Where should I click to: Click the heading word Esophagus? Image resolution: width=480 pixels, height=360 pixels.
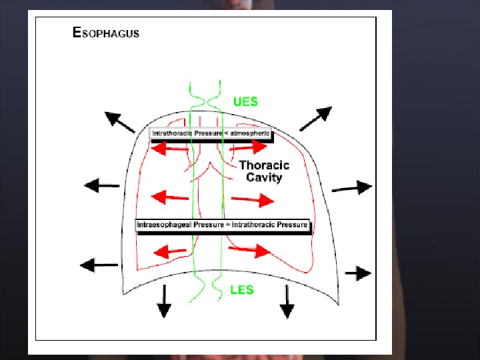[106, 32]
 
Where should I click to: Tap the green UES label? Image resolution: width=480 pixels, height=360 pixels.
[245, 102]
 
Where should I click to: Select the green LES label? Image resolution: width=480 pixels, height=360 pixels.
[241, 289]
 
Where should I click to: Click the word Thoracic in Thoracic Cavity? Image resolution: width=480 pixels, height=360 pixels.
[264, 165]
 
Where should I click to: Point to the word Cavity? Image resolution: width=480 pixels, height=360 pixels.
[264, 177]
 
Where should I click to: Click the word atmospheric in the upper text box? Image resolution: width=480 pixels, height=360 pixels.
[251, 133]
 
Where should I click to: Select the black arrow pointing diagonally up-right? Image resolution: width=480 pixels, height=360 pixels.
[315, 118]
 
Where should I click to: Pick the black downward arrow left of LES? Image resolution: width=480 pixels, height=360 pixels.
[163, 301]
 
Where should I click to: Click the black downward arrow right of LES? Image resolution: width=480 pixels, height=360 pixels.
[287, 301]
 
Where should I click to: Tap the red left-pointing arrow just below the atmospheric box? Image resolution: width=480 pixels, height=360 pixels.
[170, 149]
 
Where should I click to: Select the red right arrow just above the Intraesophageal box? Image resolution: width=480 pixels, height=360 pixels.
[253, 199]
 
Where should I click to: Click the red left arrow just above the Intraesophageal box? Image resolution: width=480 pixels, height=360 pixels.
[170, 197]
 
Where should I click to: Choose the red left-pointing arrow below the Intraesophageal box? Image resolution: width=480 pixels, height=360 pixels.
[170, 251]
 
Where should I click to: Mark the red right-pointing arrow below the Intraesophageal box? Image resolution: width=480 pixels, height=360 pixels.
[250, 250]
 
